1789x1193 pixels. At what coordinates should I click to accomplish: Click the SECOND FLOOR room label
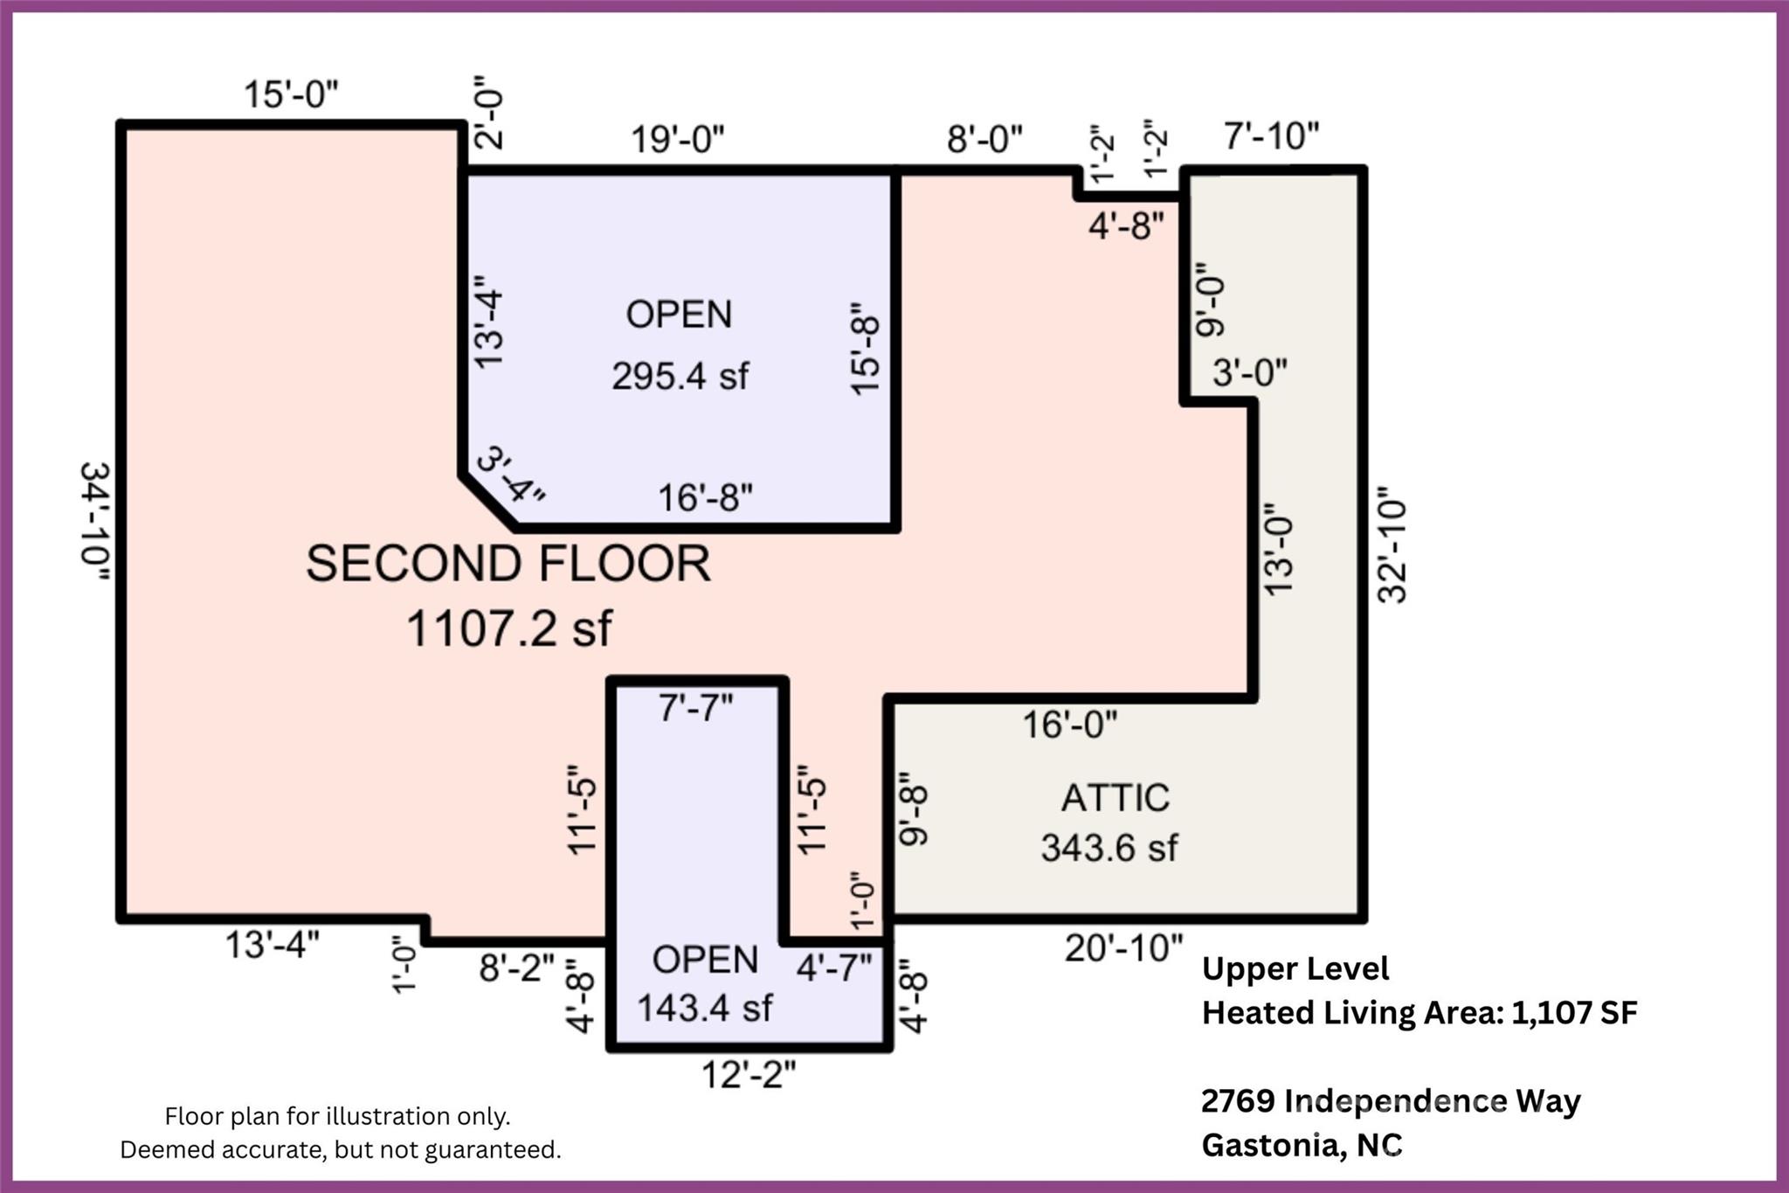[508, 564]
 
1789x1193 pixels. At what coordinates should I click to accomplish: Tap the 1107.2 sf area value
[509, 628]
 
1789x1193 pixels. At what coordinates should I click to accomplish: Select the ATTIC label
[1115, 798]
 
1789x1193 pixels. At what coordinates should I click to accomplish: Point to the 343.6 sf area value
[1109, 848]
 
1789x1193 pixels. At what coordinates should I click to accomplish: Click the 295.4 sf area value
[680, 377]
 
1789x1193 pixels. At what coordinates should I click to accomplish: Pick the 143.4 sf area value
[704, 1008]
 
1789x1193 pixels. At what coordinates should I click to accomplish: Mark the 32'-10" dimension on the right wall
[1392, 551]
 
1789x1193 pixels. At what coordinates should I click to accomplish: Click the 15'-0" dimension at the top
[291, 94]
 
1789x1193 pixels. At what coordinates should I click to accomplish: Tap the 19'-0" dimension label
[678, 138]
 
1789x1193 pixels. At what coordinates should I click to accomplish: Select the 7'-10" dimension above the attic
[1271, 135]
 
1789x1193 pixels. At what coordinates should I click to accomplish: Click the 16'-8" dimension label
[705, 497]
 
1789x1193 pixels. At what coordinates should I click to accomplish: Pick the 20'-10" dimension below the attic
[1123, 947]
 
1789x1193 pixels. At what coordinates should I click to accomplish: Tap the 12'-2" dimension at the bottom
[749, 1074]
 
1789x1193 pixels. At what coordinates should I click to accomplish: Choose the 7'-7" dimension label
[695, 707]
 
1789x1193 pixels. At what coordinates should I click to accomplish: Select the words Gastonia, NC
[1302, 1144]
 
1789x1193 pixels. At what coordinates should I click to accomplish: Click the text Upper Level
[1295, 968]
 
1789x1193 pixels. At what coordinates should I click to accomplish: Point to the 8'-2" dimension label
[516, 968]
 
